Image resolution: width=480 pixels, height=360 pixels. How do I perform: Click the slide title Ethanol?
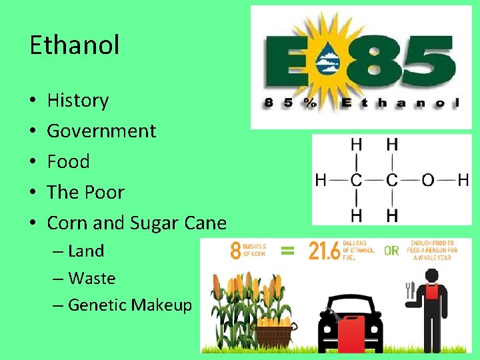coord(75,45)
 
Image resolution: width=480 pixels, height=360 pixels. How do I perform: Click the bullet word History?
coord(78,100)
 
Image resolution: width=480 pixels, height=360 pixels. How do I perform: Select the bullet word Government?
coord(101,131)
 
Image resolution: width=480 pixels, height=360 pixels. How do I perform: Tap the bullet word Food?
coord(68,161)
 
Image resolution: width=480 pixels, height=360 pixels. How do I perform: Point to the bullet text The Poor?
coord(85,192)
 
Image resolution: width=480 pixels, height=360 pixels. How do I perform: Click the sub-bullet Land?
coord(86,251)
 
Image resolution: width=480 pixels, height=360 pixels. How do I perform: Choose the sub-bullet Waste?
coord(91,278)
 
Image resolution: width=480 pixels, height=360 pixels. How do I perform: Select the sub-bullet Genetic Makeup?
coord(130,305)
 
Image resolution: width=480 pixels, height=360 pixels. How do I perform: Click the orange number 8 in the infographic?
coord(236,251)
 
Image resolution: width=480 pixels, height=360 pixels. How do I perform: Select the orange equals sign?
coord(288,251)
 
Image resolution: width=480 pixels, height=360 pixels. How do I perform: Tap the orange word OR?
coord(391,251)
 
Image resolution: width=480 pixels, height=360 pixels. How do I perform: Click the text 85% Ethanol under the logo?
coord(360,103)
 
